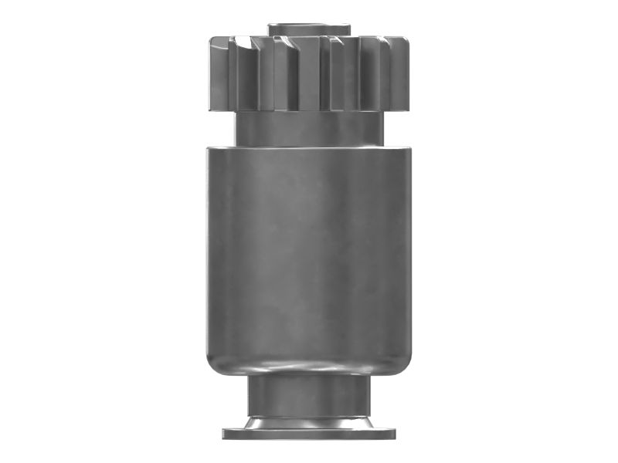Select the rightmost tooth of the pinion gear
pos(402,74)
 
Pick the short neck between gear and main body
pos(308,128)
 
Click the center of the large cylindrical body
pos(308,255)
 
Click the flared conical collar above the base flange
pos(308,421)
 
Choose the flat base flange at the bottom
pos(308,433)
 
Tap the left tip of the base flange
pos(224,433)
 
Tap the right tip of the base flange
pos(394,433)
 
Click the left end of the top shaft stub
pos(270,29)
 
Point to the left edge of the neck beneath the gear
pos(237,128)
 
